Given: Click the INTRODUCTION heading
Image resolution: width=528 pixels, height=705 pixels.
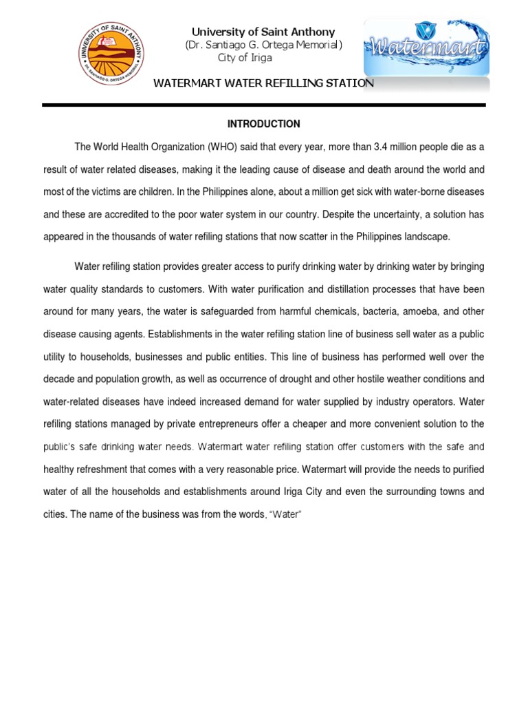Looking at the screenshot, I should click(x=264, y=125).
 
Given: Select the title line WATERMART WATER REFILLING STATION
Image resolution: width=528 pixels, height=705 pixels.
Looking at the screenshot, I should click(x=264, y=83).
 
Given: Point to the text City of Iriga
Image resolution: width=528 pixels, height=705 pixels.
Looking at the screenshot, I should click(x=245, y=58).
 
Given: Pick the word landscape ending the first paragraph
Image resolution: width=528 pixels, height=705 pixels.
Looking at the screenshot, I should click(x=426, y=237).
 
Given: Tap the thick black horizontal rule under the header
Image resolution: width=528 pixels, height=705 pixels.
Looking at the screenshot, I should click(x=264, y=105).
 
